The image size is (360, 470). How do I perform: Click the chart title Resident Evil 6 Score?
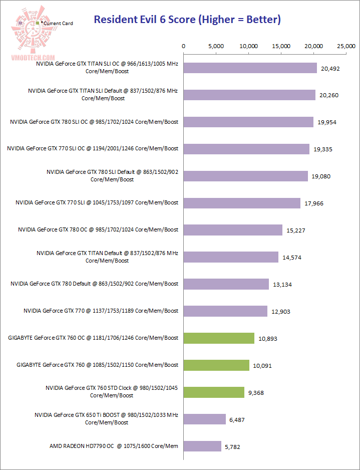point(187,20)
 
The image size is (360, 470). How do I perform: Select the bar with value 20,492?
point(250,68)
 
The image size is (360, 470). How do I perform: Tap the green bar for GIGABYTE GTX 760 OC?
point(219,338)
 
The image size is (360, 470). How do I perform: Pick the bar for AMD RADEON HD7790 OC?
point(203,446)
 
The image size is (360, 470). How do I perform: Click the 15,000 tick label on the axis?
point(281,46)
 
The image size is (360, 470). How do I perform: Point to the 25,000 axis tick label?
point(346,46)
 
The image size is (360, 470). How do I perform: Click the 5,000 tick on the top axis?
point(216,46)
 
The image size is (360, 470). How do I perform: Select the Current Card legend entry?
point(57,24)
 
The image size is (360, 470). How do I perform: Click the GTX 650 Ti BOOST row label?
point(107,419)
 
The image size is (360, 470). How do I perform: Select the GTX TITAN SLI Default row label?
point(103,95)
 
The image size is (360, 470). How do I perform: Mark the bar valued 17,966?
point(242,203)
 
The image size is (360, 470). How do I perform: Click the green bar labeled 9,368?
point(214,392)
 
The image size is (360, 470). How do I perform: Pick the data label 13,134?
point(282,285)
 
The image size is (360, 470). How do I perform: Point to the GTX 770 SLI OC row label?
point(93,148)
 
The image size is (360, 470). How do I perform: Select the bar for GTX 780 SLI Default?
point(246,176)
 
